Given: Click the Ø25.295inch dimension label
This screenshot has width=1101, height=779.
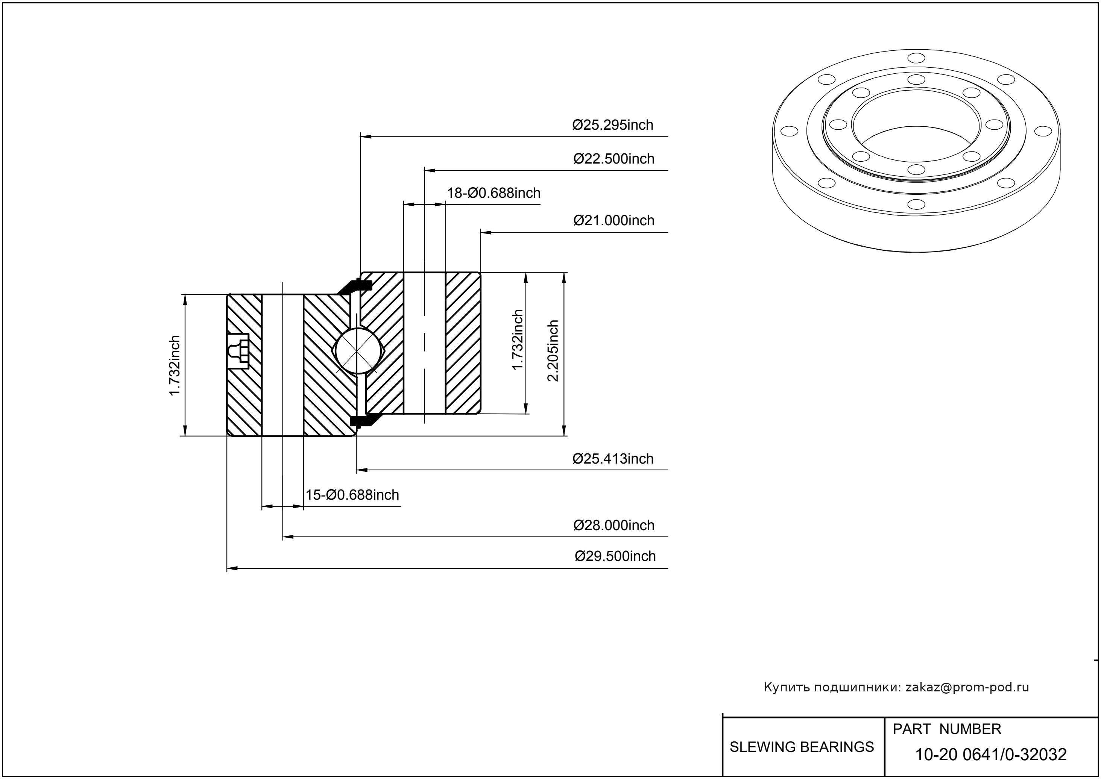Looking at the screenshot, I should pos(612,125).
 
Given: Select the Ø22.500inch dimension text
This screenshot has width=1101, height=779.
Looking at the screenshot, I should pos(614,159).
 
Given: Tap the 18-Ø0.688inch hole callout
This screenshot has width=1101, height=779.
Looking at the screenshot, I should pos(494,193).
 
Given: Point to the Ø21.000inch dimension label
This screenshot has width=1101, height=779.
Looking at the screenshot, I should pos(614,221).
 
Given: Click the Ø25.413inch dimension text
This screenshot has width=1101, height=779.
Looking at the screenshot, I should pos(612,459).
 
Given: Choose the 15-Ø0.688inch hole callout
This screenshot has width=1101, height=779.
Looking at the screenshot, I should pos(352,495).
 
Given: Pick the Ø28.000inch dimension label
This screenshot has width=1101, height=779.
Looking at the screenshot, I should pos(614,525).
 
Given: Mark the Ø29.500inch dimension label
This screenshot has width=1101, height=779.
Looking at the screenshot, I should pos(615,556).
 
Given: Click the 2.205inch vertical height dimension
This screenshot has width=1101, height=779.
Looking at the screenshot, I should pos(553,351).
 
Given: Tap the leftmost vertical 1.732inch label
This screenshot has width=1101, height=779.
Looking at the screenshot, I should pos(174,365).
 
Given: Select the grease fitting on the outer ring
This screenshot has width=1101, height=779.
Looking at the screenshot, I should pos(238,351).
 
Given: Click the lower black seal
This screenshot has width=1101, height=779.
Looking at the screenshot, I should pos(363,420).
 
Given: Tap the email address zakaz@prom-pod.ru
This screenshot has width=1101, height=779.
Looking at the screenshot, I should pos(967,687).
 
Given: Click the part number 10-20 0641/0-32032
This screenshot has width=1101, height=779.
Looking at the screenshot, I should pos(991,755).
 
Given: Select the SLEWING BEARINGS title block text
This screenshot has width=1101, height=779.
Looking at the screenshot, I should pos(802,747).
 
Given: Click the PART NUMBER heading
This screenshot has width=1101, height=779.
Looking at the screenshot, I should pos(946,729).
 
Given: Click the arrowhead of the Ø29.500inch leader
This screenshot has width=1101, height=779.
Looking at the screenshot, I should pos(232,569).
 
